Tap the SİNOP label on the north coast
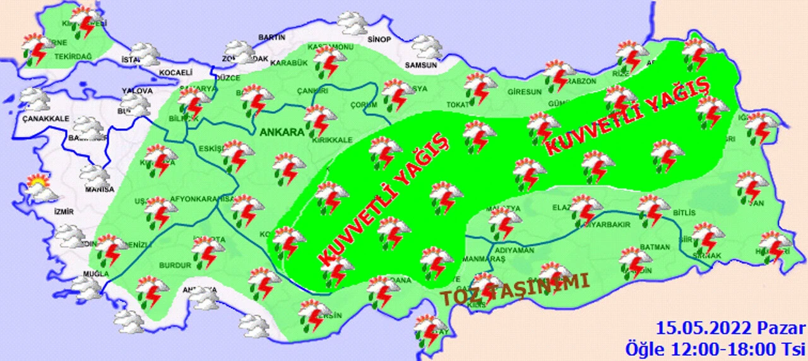click(x=377, y=39)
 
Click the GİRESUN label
click(x=525, y=92)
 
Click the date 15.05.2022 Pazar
click(x=730, y=329)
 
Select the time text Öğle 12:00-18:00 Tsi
click(x=715, y=348)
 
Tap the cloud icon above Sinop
click(x=352, y=23)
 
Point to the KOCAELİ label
click(x=174, y=71)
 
